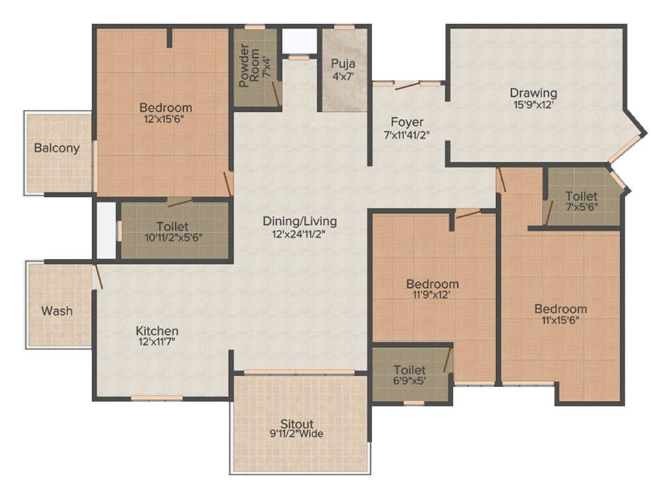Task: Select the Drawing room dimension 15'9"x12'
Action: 533,103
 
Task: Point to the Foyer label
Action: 407,122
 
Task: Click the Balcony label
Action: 57,147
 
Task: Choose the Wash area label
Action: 57,311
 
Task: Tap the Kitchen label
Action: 157,331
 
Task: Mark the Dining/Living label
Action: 299,221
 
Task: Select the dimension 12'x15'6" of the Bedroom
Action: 166,119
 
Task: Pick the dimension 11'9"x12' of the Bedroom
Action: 432,294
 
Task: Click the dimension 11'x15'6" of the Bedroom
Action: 560,320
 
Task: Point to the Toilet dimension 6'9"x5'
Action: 409,381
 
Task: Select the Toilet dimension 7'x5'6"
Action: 581,207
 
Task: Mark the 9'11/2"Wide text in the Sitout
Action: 298,434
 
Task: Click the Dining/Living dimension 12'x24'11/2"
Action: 299,233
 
